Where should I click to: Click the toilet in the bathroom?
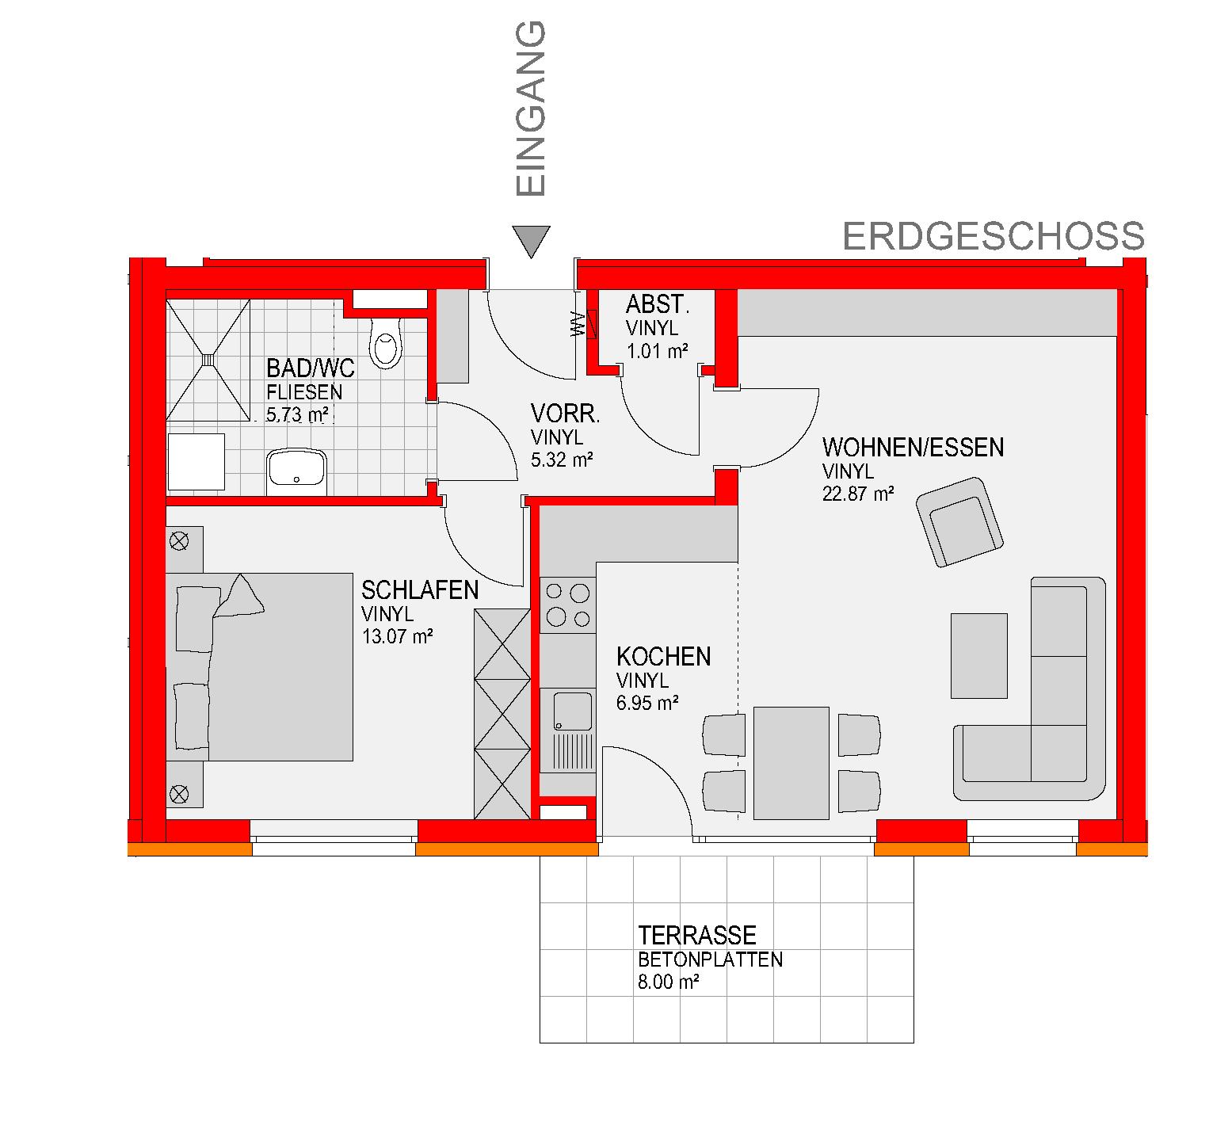(386, 342)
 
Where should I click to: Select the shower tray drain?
(208, 359)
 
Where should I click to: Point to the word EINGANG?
(531, 109)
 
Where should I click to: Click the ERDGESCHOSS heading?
(994, 236)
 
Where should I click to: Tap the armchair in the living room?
(959, 521)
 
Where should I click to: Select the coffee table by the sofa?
(978, 655)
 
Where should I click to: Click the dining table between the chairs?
(791, 763)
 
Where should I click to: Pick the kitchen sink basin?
(572, 711)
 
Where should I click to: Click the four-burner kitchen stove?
(567, 605)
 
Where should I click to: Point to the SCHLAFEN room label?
(420, 590)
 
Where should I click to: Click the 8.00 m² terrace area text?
(668, 983)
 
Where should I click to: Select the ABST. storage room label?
(656, 304)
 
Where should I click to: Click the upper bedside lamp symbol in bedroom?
(180, 540)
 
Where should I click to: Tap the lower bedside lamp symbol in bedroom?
(180, 792)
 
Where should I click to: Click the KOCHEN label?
(663, 657)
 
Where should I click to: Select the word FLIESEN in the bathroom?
(305, 391)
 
